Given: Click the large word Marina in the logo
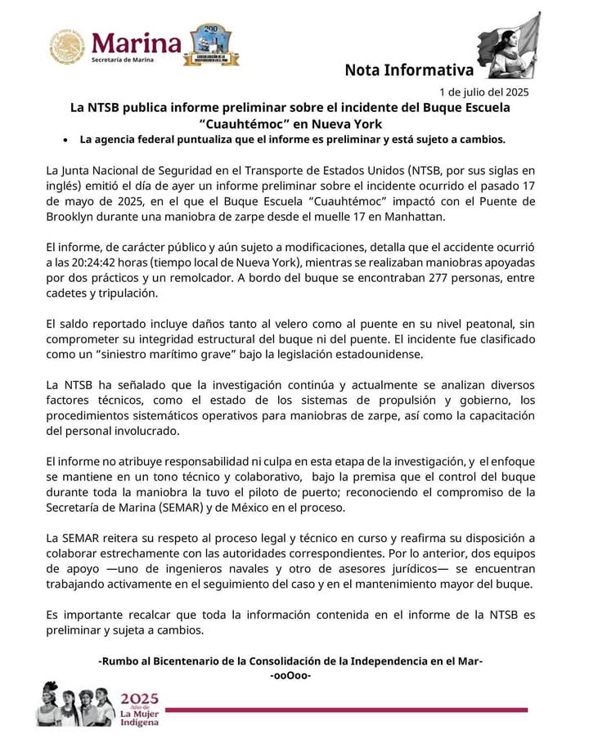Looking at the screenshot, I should click(136, 41).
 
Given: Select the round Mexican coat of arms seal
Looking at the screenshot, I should click(67, 47).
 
